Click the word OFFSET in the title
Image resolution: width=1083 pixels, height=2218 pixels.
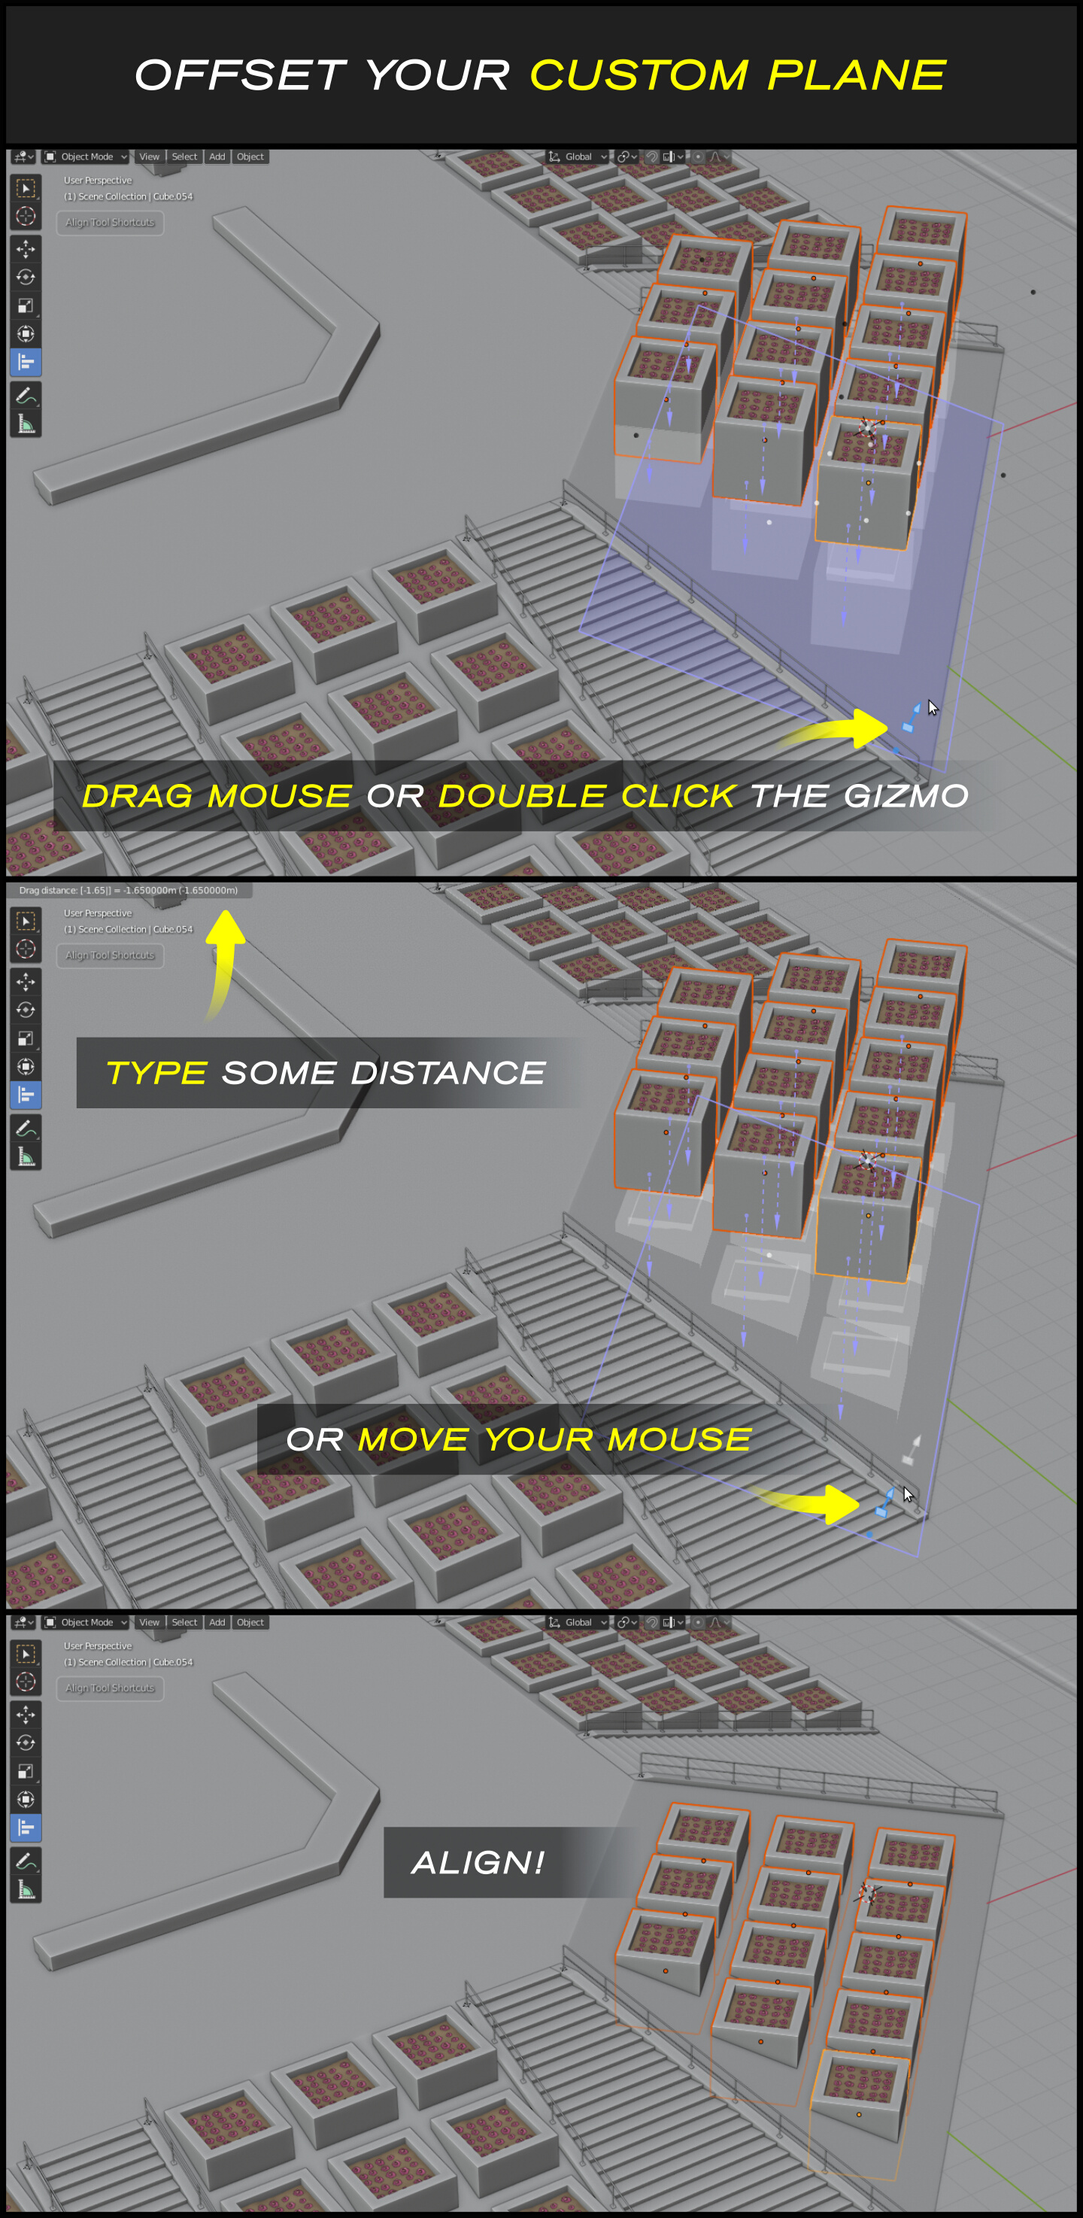click(240, 76)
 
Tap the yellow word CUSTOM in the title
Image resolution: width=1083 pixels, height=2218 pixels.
click(639, 76)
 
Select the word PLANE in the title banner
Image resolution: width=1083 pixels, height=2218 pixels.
click(857, 76)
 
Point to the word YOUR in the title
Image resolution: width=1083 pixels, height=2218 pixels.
click(437, 76)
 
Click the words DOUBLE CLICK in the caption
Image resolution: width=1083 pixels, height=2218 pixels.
click(587, 795)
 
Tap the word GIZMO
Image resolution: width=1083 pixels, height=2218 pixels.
click(906, 795)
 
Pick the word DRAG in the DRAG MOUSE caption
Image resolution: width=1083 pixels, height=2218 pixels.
click(137, 795)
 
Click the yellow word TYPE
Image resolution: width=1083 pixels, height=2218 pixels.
click(156, 1073)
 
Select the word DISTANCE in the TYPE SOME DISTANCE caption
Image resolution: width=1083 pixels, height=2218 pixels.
click(447, 1073)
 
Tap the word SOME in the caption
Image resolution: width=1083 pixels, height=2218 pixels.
click(279, 1073)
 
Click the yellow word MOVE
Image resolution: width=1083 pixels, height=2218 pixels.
click(413, 1439)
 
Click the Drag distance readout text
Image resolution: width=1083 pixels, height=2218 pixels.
click(129, 890)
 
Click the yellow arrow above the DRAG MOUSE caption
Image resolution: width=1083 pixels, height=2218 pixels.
click(833, 729)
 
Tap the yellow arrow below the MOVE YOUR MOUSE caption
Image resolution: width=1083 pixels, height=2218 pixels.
click(805, 1503)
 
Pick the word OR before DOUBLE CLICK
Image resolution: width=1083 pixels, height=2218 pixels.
click(395, 795)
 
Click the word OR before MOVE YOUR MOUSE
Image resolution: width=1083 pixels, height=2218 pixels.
click(315, 1439)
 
